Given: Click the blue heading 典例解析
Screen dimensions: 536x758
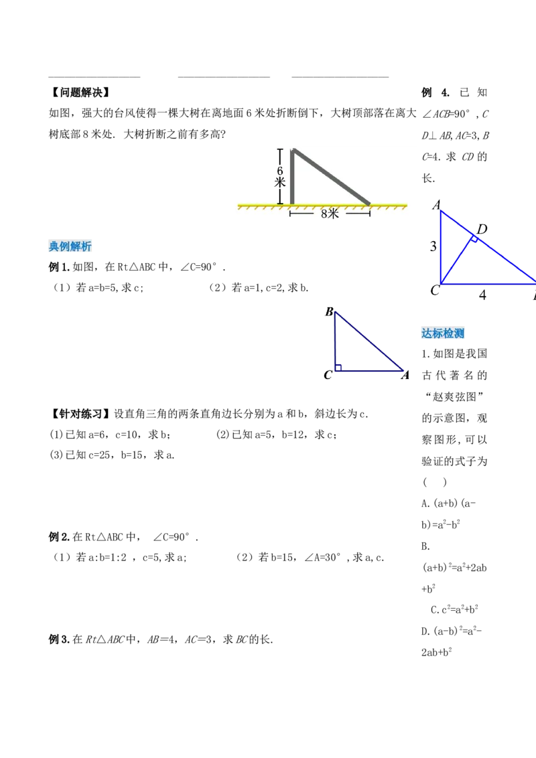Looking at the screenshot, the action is click(71, 246).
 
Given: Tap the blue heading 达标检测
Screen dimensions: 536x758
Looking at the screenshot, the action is click(442, 333).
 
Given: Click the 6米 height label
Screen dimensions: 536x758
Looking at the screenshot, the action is click(279, 176).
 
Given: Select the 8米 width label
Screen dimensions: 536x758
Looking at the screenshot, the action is click(330, 214).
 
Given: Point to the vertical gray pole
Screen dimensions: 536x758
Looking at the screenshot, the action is click(292, 177).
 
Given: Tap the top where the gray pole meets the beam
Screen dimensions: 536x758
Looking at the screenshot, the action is click(293, 151).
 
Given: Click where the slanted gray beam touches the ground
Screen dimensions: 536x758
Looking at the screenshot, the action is click(368, 203).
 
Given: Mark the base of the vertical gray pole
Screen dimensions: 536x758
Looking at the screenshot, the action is click(292, 202).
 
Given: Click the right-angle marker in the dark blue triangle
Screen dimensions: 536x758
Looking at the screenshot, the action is click(338, 366).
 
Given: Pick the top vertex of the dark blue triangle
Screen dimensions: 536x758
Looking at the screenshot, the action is click(335, 312).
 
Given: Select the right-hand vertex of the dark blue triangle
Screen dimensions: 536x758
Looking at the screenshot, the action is click(403, 370).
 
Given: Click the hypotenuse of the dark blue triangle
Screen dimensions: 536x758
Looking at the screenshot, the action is click(369, 341).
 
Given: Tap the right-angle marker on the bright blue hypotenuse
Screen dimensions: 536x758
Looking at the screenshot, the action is click(473, 238).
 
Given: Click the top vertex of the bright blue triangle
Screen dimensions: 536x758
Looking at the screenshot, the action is click(442, 212).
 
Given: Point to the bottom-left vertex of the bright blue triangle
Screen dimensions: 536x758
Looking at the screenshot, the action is click(442, 283).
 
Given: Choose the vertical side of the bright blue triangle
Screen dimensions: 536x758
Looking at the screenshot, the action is click(442, 248).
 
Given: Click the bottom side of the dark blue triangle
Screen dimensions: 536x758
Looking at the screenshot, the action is click(369, 370).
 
